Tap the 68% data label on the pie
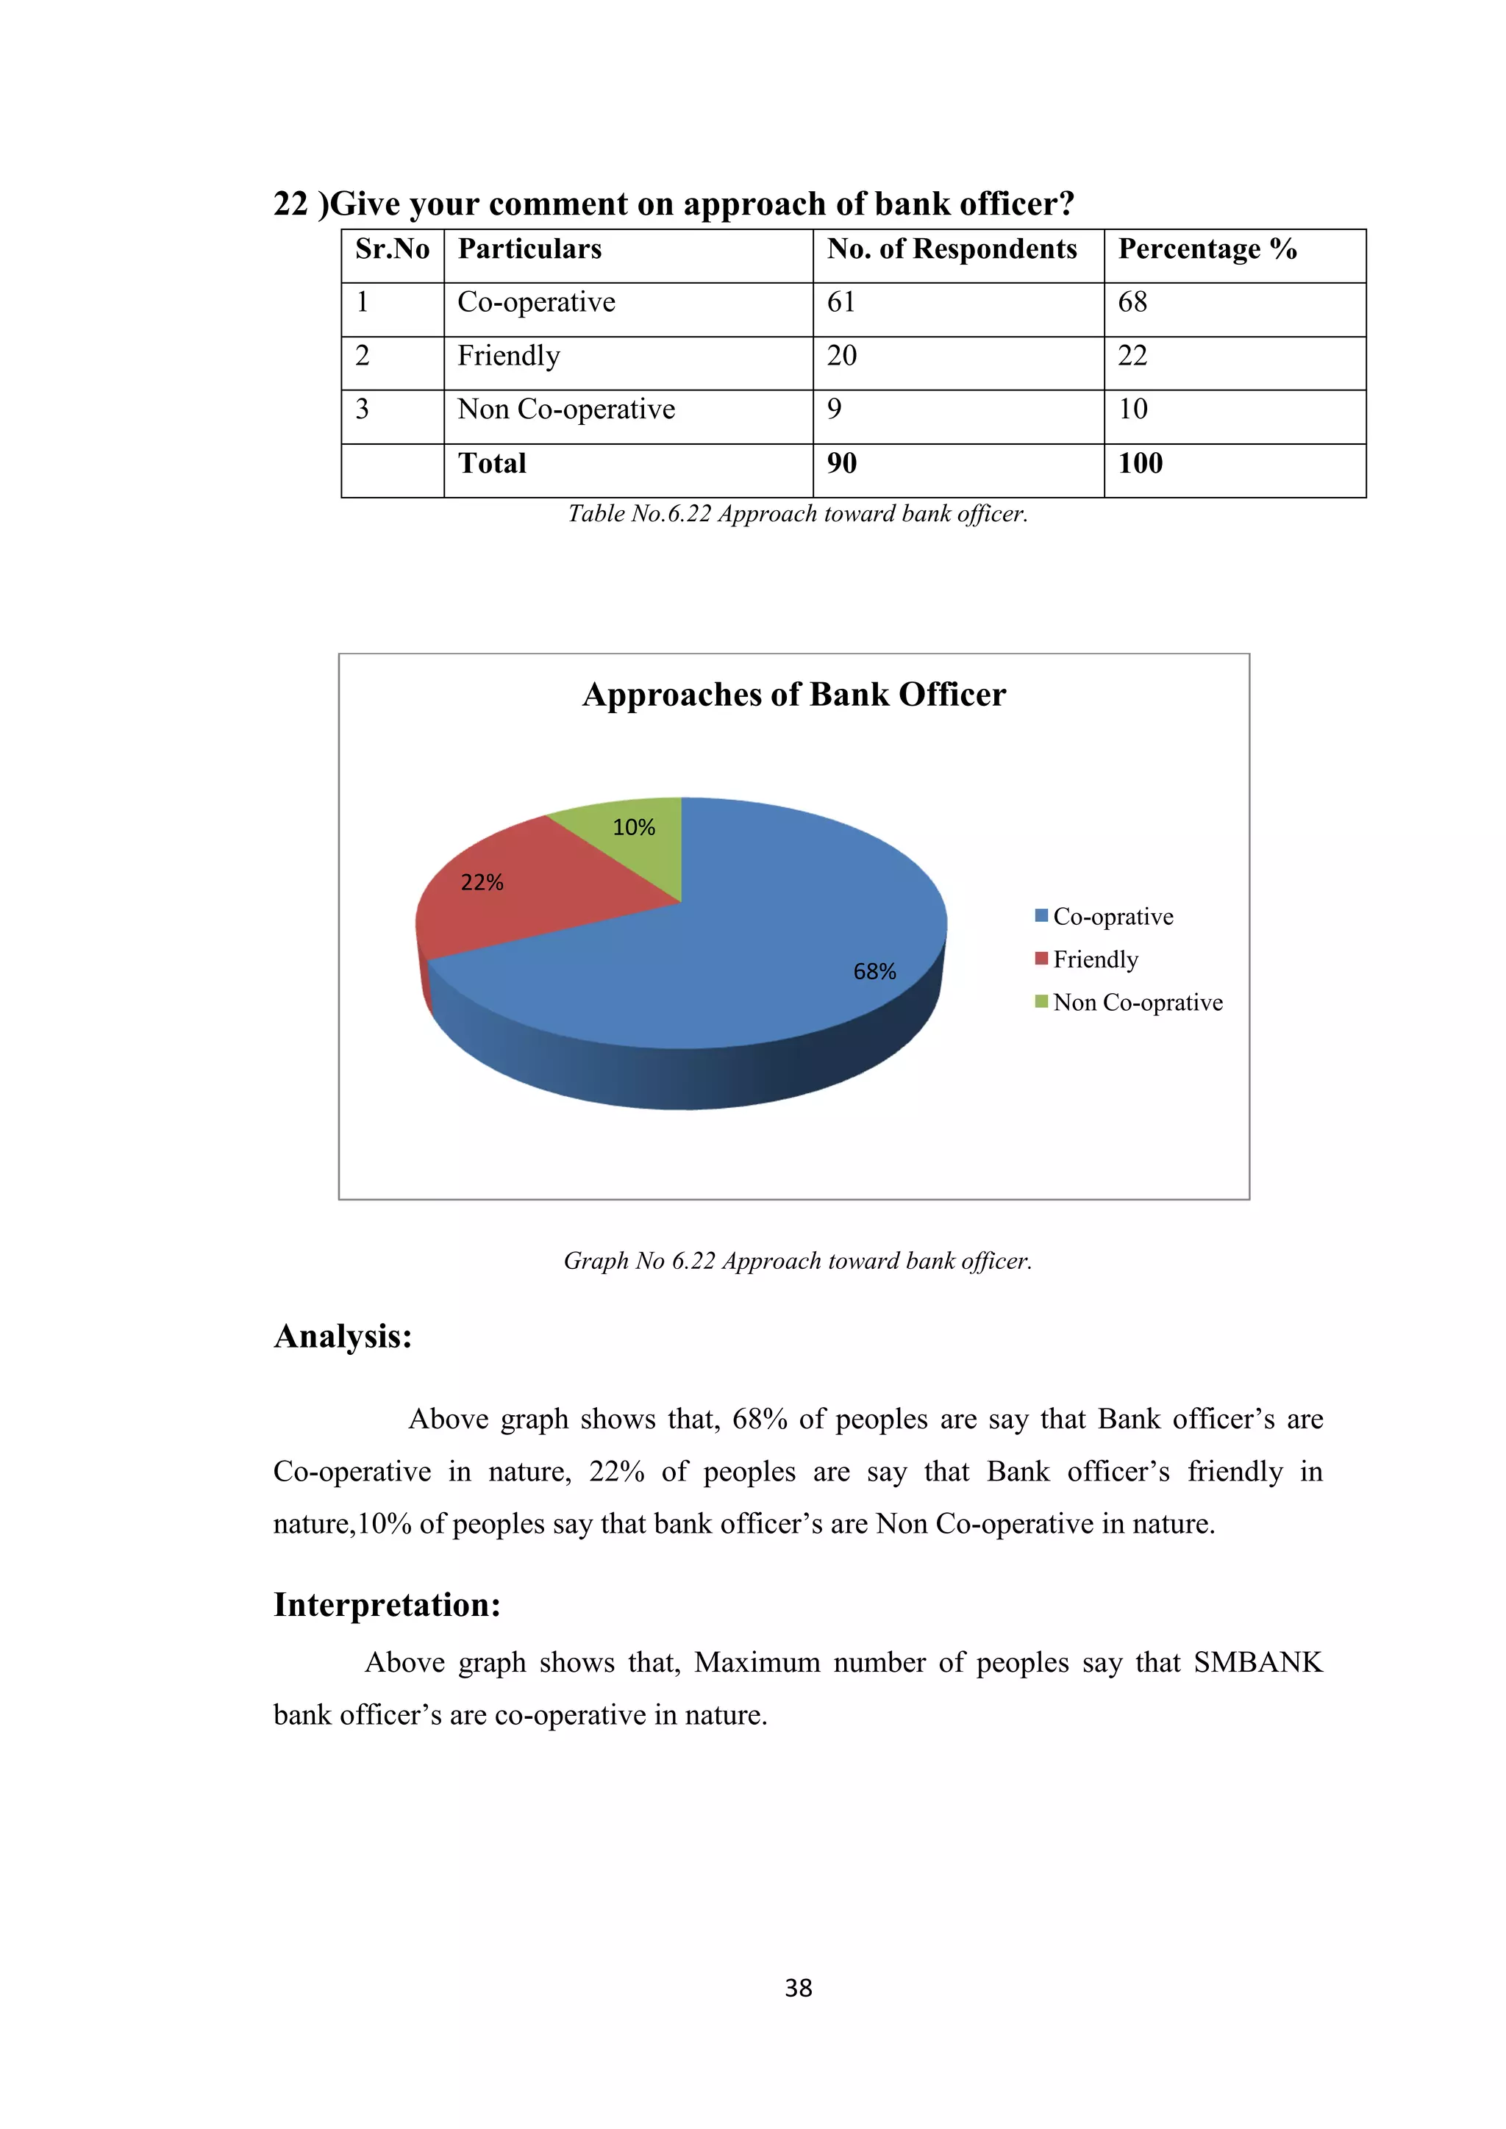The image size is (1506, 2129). pos(874,972)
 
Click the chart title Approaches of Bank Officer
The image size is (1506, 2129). pos(793,695)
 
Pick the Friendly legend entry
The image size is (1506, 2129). pos(1094,959)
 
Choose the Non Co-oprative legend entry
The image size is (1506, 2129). pos(1137,1002)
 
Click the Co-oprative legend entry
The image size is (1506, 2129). pos(1112,917)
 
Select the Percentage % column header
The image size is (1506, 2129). pos(1207,249)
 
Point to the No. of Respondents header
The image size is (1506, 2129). pos(952,249)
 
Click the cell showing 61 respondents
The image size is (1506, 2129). pos(841,302)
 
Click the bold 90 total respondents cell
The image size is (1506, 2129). pos(841,464)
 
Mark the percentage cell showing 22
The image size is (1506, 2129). pos(1132,356)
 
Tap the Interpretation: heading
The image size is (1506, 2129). pos(387,1605)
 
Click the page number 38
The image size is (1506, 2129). pos(798,1988)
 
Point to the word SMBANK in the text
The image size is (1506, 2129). pos(1257,1663)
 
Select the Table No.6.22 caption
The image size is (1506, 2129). pos(798,514)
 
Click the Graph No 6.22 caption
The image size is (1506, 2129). pos(798,1261)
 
